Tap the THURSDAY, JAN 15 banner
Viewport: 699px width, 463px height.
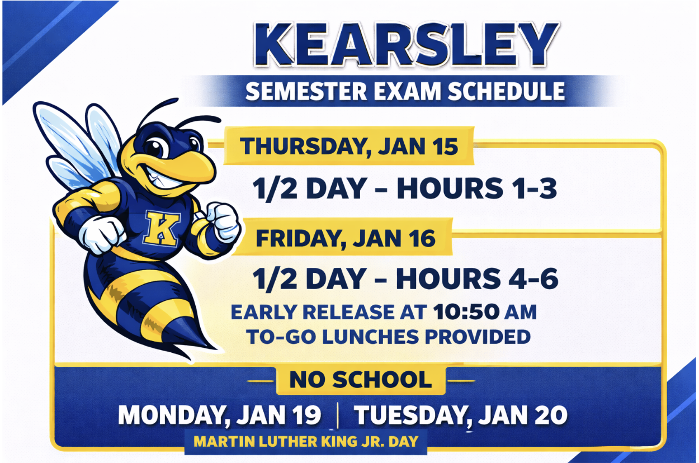tap(349, 147)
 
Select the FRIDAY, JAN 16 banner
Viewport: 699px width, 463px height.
tap(345, 238)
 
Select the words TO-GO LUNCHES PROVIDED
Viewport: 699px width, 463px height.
tap(388, 337)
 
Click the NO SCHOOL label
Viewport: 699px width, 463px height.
tap(361, 380)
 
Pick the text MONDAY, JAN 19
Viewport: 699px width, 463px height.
tap(220, 415)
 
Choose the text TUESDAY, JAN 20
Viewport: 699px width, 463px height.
tap(460, 415)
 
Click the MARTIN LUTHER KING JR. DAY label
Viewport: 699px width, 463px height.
tap(305, 442)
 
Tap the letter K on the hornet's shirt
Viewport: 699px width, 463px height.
tap(161, 228)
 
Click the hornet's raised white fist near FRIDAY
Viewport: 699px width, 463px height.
tap(224, 221)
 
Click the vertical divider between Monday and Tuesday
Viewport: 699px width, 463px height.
tap(338, 416)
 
